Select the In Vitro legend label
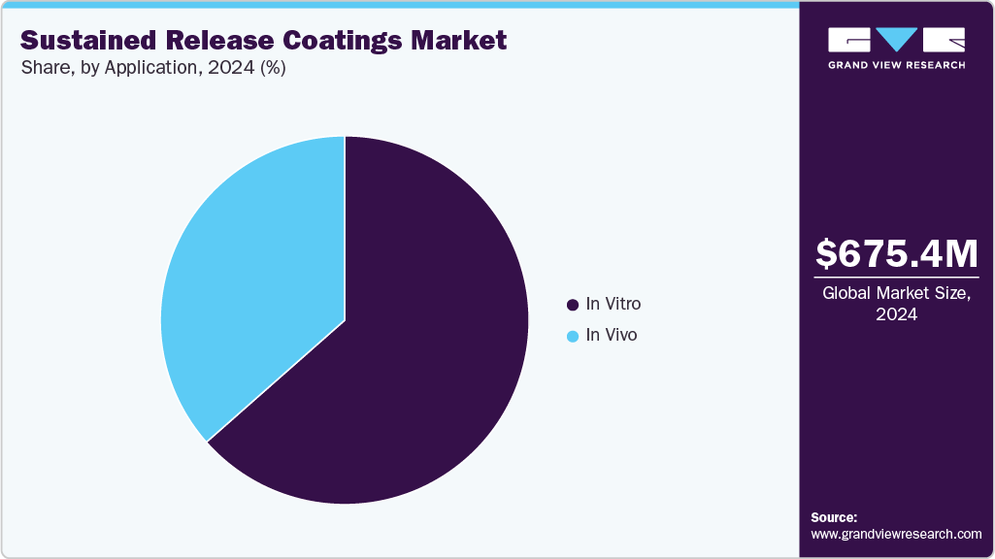tap(613, 304)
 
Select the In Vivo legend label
tap(611, 336)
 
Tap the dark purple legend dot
tap(573, 305)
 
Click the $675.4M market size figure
tap(896, 253)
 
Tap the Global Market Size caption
tap(896, 293)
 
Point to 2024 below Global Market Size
tap(896, 314)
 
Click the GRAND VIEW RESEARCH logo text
tap(896, 65)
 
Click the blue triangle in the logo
tap(897, 40)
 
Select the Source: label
tap(834, 517)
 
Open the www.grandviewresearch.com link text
tap(896, 534)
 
